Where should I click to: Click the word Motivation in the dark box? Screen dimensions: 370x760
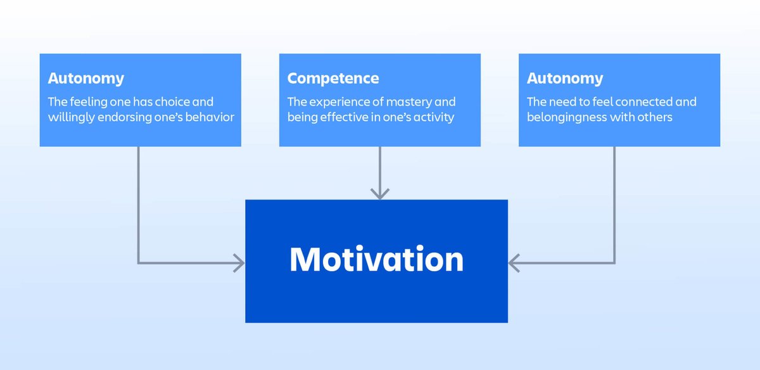(376, 260)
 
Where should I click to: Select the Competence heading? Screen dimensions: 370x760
(333, 79)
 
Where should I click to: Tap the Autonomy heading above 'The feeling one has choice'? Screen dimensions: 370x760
(85, 79)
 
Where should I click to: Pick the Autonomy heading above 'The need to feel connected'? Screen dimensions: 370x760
(565, 79)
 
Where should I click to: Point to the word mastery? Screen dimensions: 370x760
(412, 102)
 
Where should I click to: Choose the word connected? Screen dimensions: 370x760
(640, 102)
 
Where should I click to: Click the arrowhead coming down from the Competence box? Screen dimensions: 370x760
(379, 194)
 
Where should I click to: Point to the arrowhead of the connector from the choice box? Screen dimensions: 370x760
(239, 262)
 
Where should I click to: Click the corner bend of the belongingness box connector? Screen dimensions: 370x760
(614, 262)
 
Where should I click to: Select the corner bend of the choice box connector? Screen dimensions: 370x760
(138, 262)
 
